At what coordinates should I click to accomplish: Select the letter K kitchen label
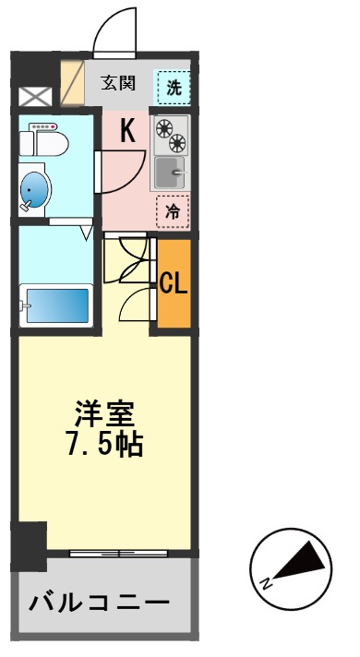pos(126,131)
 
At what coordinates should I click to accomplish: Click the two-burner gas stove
pos(170,135)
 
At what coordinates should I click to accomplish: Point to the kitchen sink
pos(169,173)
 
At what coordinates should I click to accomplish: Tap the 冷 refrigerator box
pos(172,211)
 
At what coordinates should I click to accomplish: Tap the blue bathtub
pos(56,305)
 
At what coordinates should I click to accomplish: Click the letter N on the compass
pos(267,582)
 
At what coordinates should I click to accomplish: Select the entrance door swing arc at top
pos(116,29)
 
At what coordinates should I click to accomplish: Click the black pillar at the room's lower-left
pos(30,545)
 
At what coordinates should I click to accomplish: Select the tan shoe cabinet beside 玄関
pos(72,83)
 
